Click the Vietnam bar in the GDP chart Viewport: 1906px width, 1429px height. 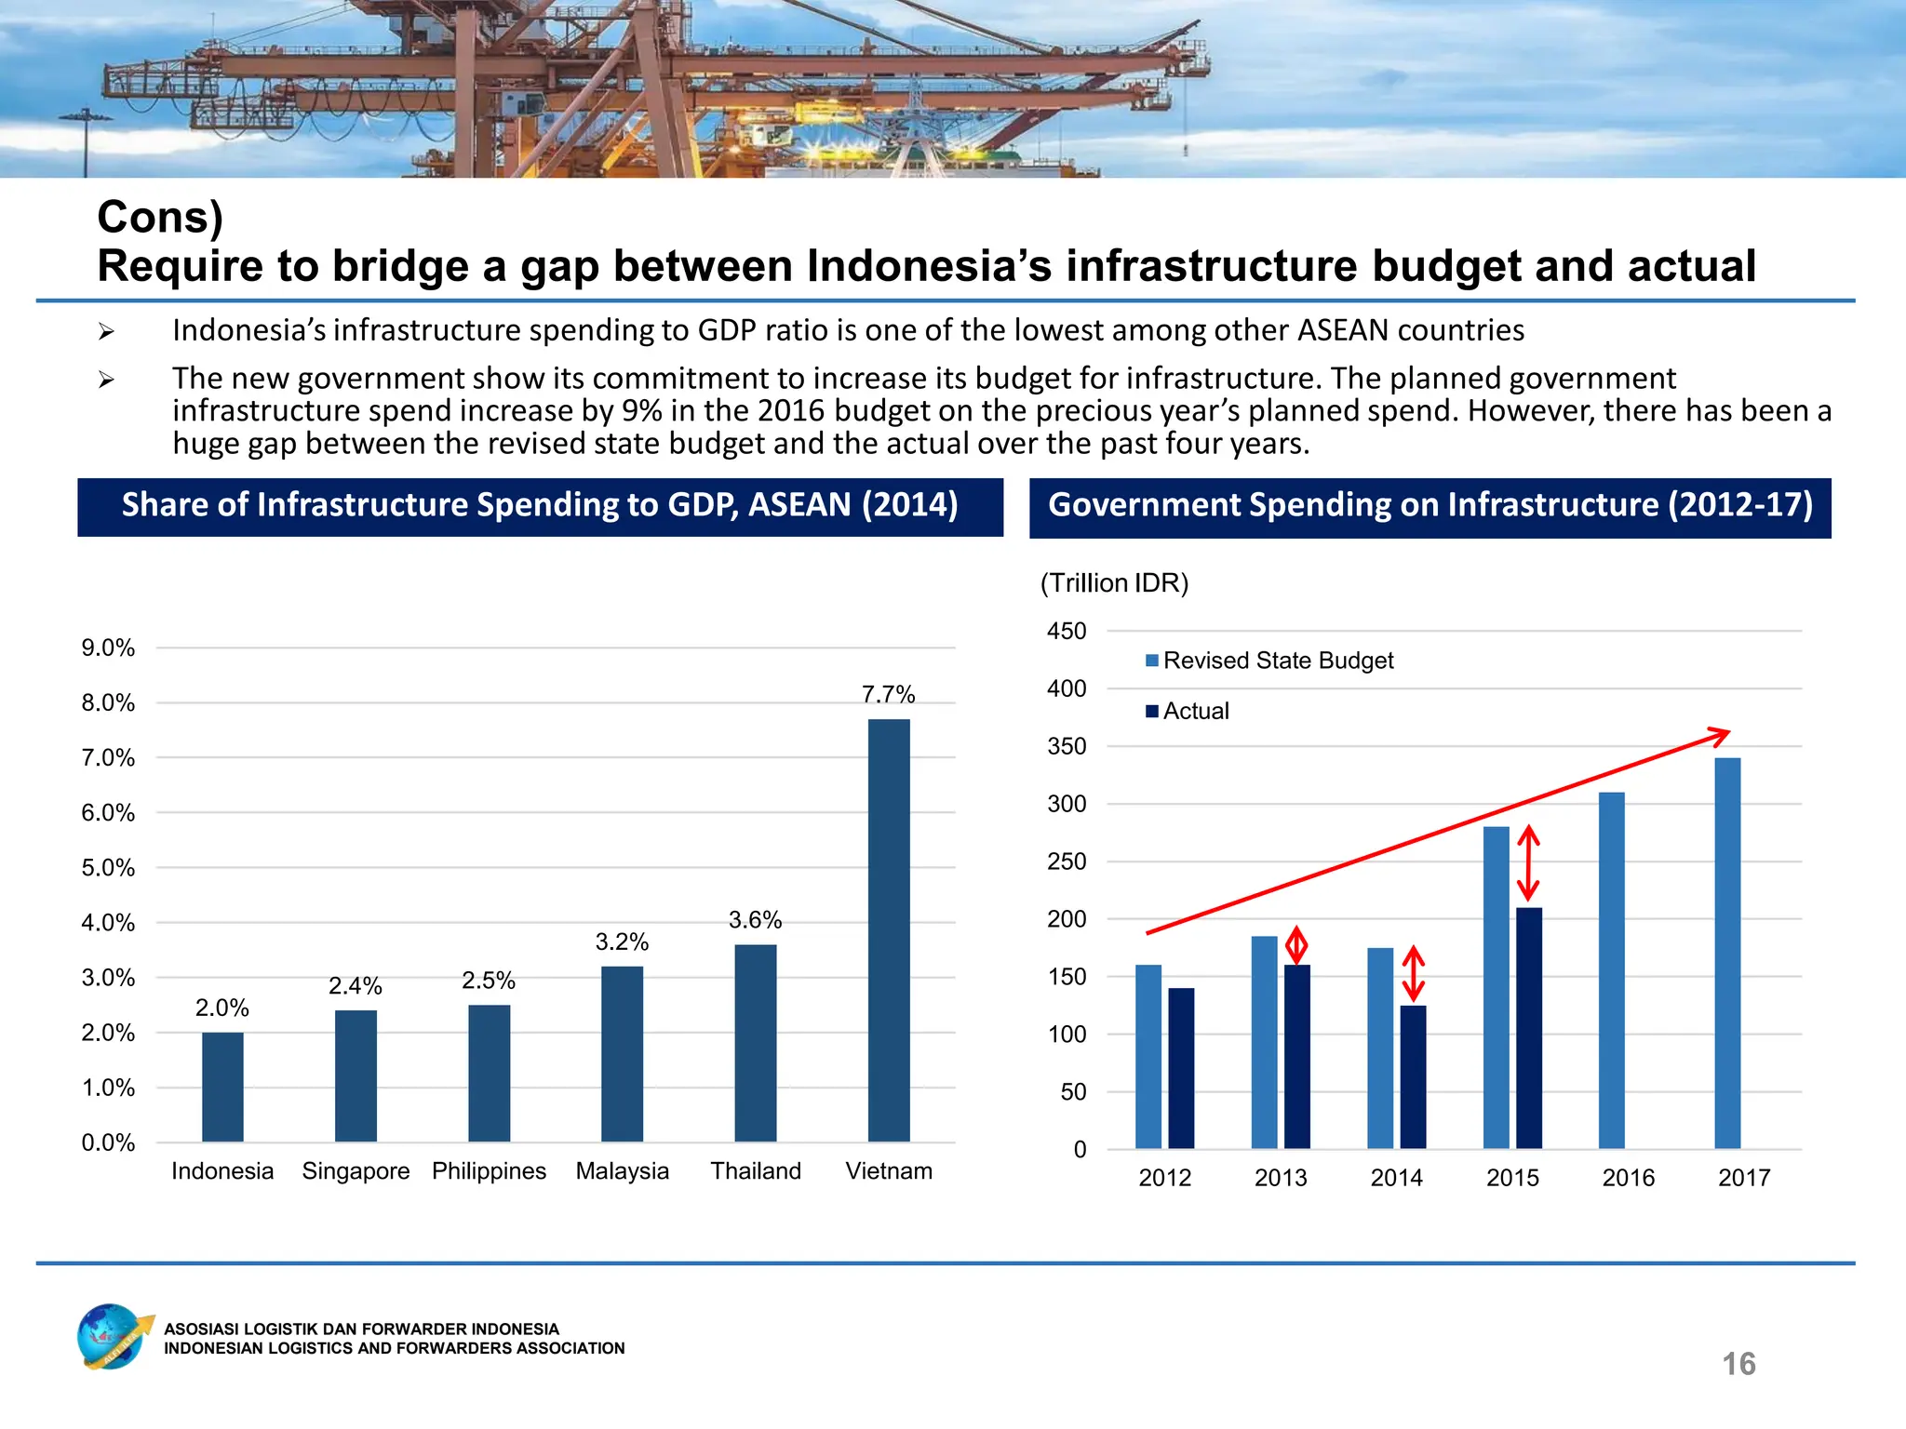pos(889,930)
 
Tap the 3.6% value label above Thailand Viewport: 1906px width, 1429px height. pos(755,920)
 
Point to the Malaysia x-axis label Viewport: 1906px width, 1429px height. pos(622,1170)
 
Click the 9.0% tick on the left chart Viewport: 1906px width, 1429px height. pos(108,648)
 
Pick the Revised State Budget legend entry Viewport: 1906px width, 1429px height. pos(1269,661)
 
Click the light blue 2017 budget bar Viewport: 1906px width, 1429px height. pos(1727,954)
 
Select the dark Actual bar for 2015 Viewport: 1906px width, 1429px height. pos(1528,1028)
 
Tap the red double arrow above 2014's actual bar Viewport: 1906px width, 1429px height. pos(1413,973)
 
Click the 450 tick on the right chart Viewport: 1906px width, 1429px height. pos(1067,631)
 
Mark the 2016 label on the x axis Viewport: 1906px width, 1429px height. pos(1628,1178)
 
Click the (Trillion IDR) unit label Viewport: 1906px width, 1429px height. pos(1114,583)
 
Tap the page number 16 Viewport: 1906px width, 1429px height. pos(1738,1364)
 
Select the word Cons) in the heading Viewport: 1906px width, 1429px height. pos(160,217)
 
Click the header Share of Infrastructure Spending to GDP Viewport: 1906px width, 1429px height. pos(540,505)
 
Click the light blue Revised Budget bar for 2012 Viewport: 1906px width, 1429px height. pos(1148,1056)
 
